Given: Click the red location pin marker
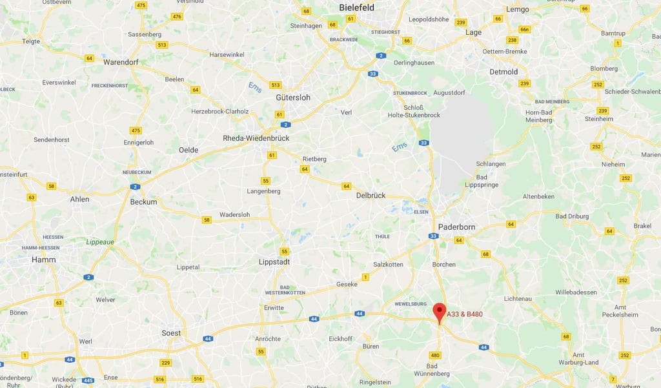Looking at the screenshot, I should click(439, 312).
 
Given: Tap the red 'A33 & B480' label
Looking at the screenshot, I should click(465, 314).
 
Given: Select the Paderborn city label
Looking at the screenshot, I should click(456, 227).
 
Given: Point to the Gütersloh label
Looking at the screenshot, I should click(293, 97).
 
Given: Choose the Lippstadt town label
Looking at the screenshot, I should click(274, 262).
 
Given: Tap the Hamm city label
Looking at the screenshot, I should click(44, 260).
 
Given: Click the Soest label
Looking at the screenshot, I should click(171, 333).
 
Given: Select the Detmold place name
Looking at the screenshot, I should click(503, 72).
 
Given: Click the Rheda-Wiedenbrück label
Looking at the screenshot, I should click(256, 138).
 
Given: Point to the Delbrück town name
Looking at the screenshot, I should click(371, 195).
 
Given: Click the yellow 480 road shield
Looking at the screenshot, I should click(435, 355).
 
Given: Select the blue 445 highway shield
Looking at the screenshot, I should click(88, 380).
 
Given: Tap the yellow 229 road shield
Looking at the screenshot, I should click(166, 363).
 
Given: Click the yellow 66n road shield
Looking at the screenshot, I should click(525, 30).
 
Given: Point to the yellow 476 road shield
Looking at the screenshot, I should click(178, 16).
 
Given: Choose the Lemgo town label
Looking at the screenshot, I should click(518, 9).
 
